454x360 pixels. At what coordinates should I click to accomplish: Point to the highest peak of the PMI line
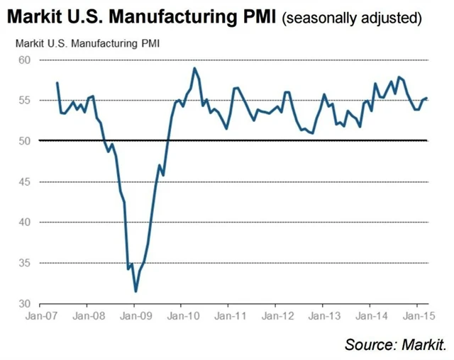pos(194,68)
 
